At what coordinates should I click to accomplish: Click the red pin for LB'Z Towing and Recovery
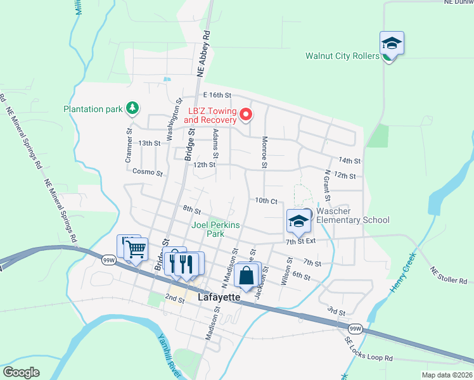coord(245,115)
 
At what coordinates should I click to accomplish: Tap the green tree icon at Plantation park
coord(132,108)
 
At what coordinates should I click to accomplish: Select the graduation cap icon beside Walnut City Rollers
coord(392,43)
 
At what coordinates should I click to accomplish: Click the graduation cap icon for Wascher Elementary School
coord(298,221)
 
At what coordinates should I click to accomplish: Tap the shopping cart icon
coord(136,249)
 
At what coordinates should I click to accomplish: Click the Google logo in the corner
coord(21,372)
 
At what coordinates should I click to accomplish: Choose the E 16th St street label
coord(209,94)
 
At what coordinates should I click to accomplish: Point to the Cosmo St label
coord(148,172)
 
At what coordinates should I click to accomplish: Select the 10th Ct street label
coord(267,201)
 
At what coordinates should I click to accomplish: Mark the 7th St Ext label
coord(300,242)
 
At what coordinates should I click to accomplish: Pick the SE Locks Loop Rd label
coord(369,350)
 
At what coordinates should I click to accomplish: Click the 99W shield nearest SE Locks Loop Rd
coord(355,328)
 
